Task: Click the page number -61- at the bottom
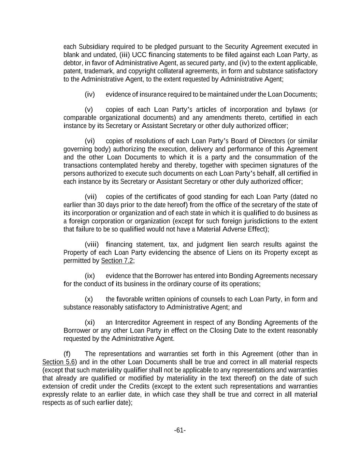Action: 180,430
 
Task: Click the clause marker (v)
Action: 89,110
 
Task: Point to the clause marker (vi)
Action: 89,141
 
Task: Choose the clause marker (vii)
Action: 90,197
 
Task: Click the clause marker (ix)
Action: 89,276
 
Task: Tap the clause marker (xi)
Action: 89,322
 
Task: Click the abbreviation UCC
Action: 139,55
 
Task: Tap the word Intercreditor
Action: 132,322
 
